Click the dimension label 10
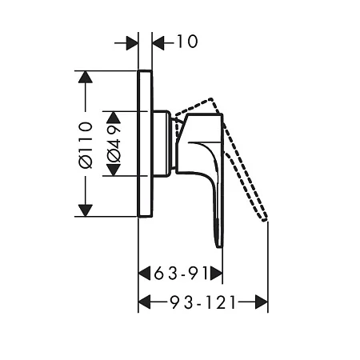[x=187, y=42]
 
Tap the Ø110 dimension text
[x=86, y=145]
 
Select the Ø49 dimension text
[x=114, y=143]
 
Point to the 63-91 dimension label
[x=181, y=274]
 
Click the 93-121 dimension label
[x=203, y=302]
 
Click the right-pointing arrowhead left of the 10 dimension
[x=132, y=43]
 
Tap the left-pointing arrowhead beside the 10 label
[x=158, y=43]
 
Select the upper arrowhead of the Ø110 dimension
[x=86, y=77]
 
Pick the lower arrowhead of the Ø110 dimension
[x=86, y=210]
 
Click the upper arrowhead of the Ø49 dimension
[x=114, y=117]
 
